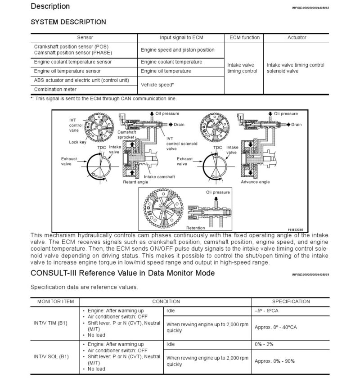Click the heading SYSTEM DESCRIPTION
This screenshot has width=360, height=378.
click(x=68, y=22)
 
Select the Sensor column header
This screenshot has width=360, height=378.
click(x=85, y=38)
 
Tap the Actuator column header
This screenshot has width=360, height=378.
click(x=297, y=38)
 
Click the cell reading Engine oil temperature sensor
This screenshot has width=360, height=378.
click(x=67, y=71)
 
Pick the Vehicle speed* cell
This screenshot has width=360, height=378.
click(x=157, y=85)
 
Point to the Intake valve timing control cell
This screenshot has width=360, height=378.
click(x=242, y=68)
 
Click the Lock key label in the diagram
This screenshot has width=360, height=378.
click(x=77, y=142)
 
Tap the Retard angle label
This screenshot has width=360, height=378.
click(x=135, y=182)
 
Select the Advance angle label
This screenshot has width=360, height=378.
click(x=255, y=182)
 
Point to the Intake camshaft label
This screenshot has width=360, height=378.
click(x=159, y=176)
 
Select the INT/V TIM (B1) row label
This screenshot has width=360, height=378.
click(x=51, y=323)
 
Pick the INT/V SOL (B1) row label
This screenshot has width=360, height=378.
click(x=51, y=356)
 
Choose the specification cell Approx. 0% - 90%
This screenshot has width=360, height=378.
click(x=274, y=361)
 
